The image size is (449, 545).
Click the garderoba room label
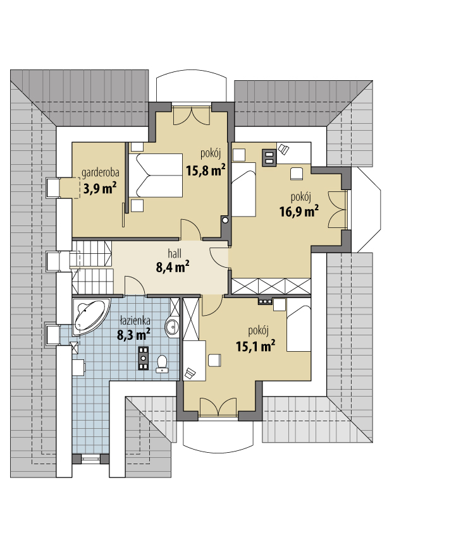(x=101, y=173)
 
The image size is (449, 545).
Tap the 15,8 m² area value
(x=206, y=171)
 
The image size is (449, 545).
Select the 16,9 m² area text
(x=299, y=211)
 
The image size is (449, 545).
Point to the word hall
(x=175, y=254)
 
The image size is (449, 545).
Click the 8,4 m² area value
(x=173, y=267)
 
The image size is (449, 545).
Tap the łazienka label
(x=135, y=320)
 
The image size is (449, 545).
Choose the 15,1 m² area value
(x=255, y=346)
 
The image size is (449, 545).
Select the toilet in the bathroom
(x=162, y=364)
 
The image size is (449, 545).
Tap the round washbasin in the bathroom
(x=172, y=326)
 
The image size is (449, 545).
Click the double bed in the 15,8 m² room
(x=156, y=176)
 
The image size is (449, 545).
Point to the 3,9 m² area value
(x=100, y=188)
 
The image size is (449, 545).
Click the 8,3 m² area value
(x=133, y=335)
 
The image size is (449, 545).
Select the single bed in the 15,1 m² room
(x=298, y=329)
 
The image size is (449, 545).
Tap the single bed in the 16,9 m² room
(x=243, y=190)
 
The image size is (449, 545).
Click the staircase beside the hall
(x=92, y=267)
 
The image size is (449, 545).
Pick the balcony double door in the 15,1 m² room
(x=218, y=407)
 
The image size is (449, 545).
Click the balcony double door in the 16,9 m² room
(x=338, y=210)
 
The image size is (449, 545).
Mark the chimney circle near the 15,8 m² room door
(x=225, y=220)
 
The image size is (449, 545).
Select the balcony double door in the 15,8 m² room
(x=192, y=116)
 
